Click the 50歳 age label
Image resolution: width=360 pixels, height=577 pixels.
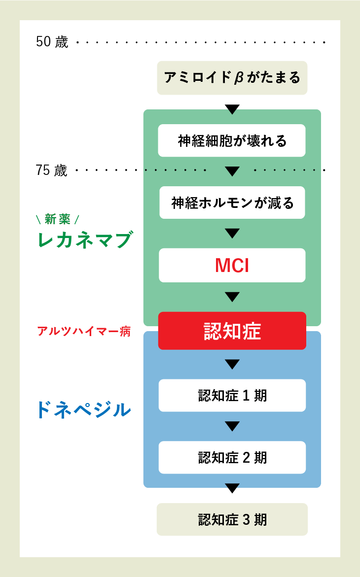coord(52,42)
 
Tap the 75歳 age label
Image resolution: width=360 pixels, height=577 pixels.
coord(51,170)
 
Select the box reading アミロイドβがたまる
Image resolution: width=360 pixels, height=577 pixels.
coord(232,78)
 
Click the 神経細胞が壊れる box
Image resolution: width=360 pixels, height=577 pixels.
coord(232,140)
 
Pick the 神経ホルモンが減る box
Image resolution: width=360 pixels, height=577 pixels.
coord(232,203)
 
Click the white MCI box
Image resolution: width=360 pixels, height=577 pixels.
coord(232,265)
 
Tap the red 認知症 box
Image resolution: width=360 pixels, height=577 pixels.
coord(232,331)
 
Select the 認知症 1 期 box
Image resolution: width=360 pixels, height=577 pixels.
coord(232,395)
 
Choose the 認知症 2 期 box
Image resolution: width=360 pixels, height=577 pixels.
coord(232,457)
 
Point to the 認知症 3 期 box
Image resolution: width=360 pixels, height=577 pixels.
coord(232,519)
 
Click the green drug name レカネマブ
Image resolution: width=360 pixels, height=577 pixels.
coord(84,240)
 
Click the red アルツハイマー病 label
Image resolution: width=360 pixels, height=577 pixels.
coord(84,331)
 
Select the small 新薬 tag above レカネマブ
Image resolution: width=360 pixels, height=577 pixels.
coord(58,219)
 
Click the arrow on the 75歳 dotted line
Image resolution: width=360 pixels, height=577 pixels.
coord(232,171)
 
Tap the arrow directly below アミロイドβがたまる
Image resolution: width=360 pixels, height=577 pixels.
coord(232,109)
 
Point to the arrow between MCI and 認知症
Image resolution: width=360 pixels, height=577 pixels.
coord(232,297)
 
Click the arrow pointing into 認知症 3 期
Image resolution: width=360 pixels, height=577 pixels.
coord(232,488)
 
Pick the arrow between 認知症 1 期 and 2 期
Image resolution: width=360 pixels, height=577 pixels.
coord(232,426)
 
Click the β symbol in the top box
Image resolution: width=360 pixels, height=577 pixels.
coord(239,78)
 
